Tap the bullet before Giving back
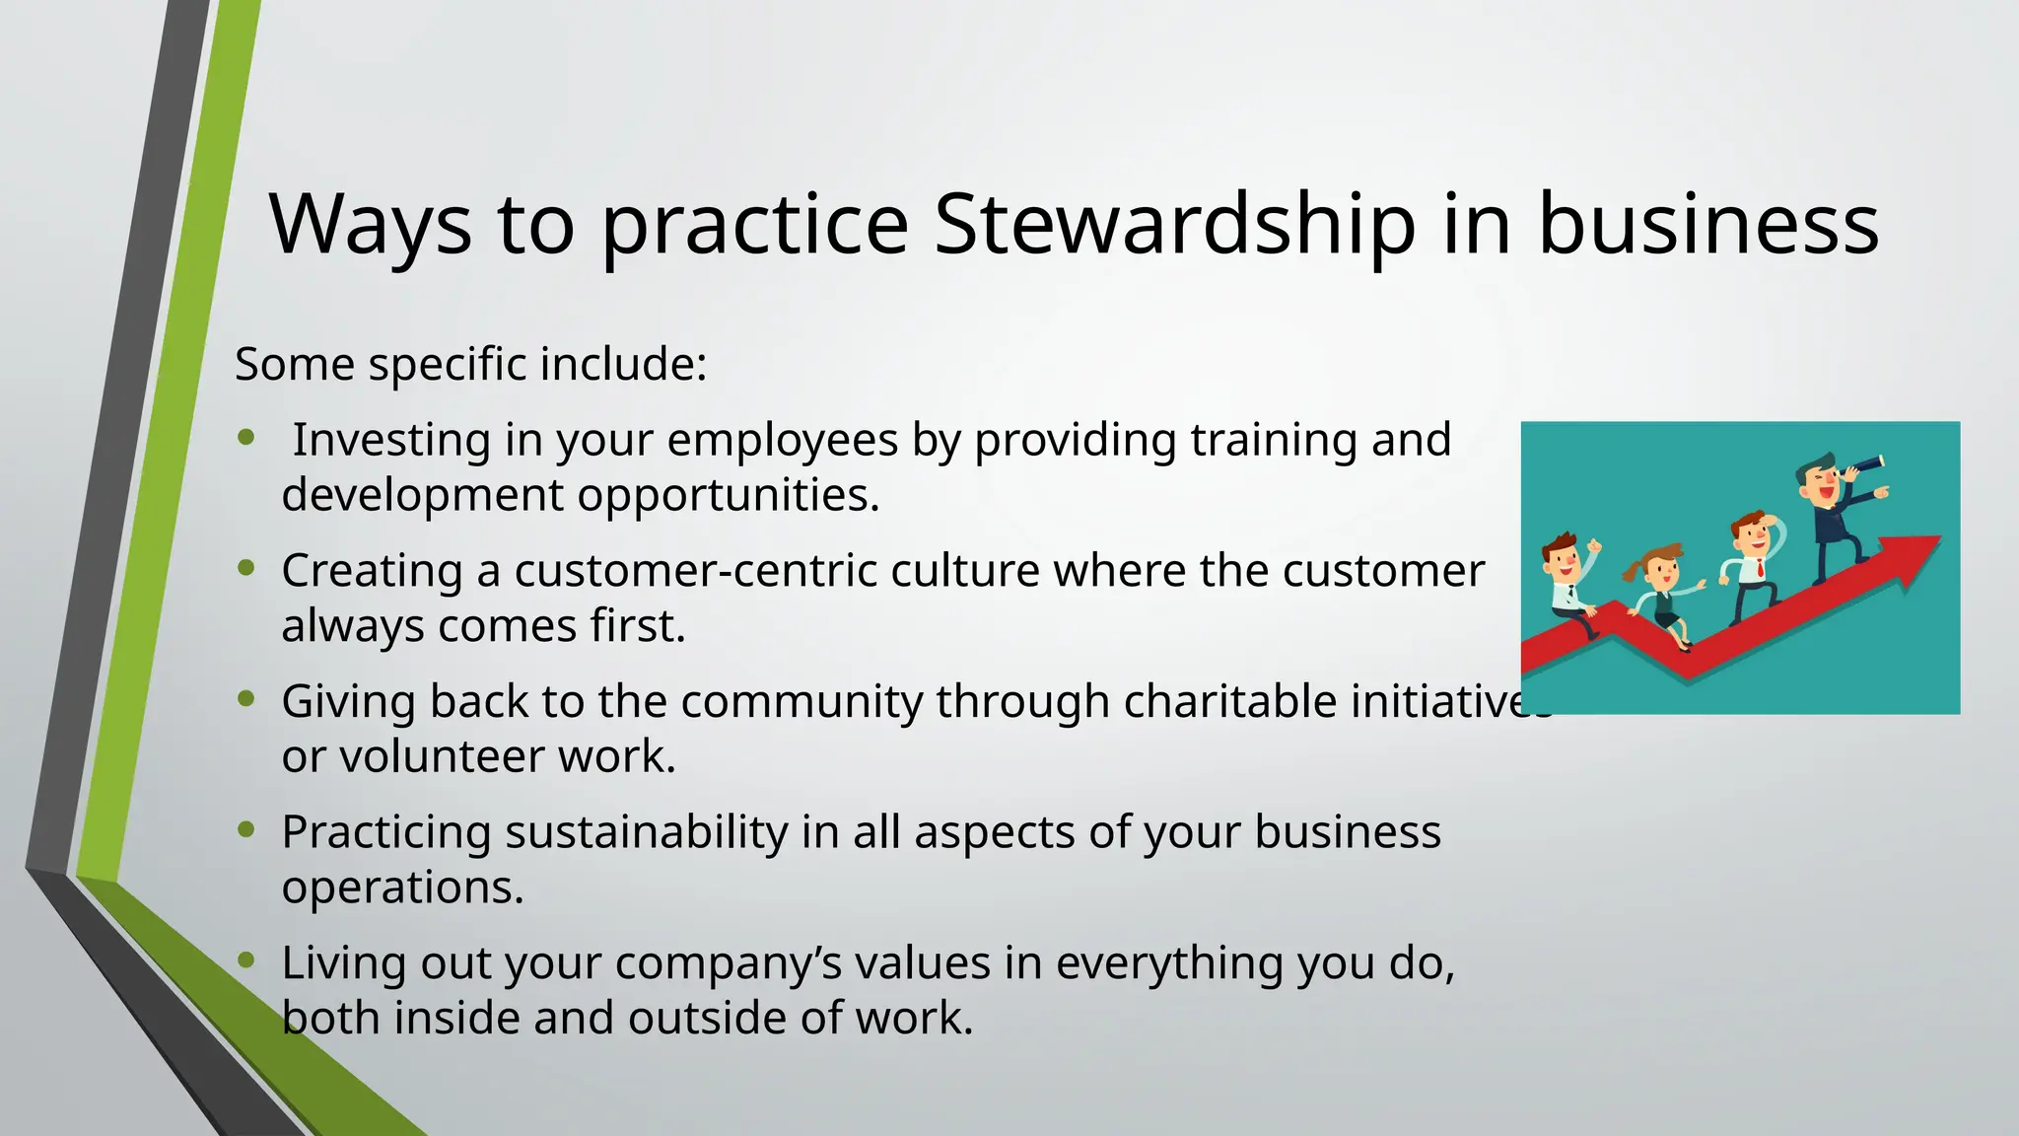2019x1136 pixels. [246, 698]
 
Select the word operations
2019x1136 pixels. [401, 887]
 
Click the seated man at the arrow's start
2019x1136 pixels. [1567, 587]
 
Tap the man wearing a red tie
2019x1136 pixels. [1752, 567]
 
